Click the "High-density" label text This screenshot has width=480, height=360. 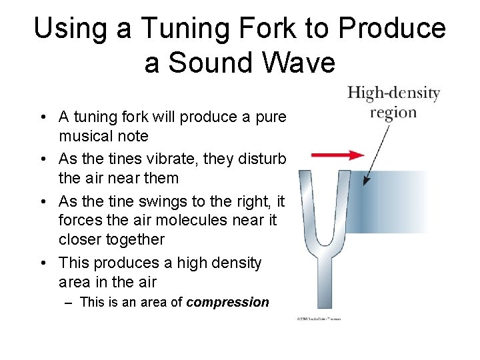tap(393, 93)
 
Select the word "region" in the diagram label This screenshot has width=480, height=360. tap(393, 111)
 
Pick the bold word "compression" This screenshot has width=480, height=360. tap(227, 302)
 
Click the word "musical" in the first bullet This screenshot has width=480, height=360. tap(83, 136)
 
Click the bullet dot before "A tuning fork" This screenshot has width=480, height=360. tap(42, 118)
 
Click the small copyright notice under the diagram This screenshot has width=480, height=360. tap(318, 319)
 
